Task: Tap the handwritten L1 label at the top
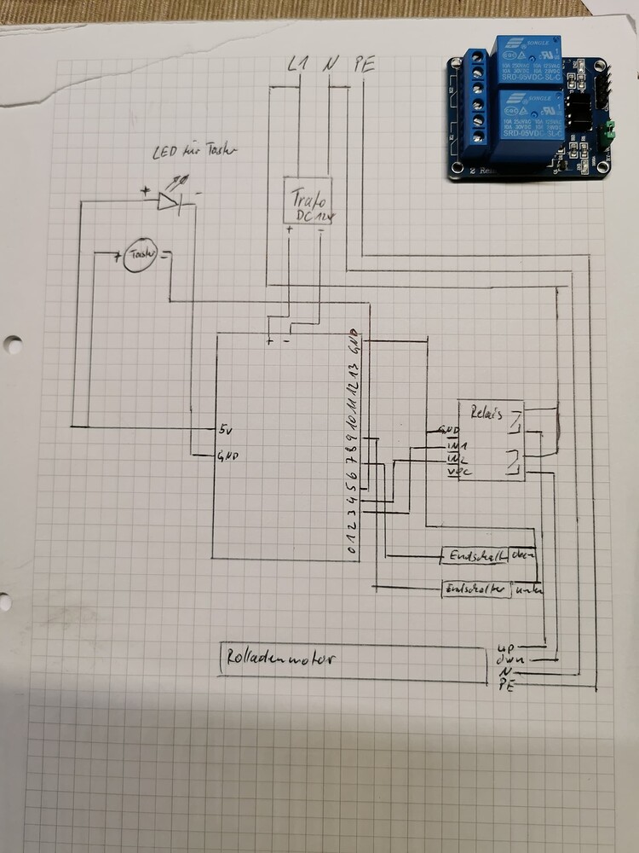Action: [x=298, y=64]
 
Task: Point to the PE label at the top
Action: [x=363, y=65]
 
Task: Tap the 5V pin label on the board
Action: [x=226, y=427]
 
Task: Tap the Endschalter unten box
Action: [x=475, y=589]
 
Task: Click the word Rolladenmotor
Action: [x=281, y=659]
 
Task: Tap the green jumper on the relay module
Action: [x=607, y=133]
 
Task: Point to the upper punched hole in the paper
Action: [x=11, y=345]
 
